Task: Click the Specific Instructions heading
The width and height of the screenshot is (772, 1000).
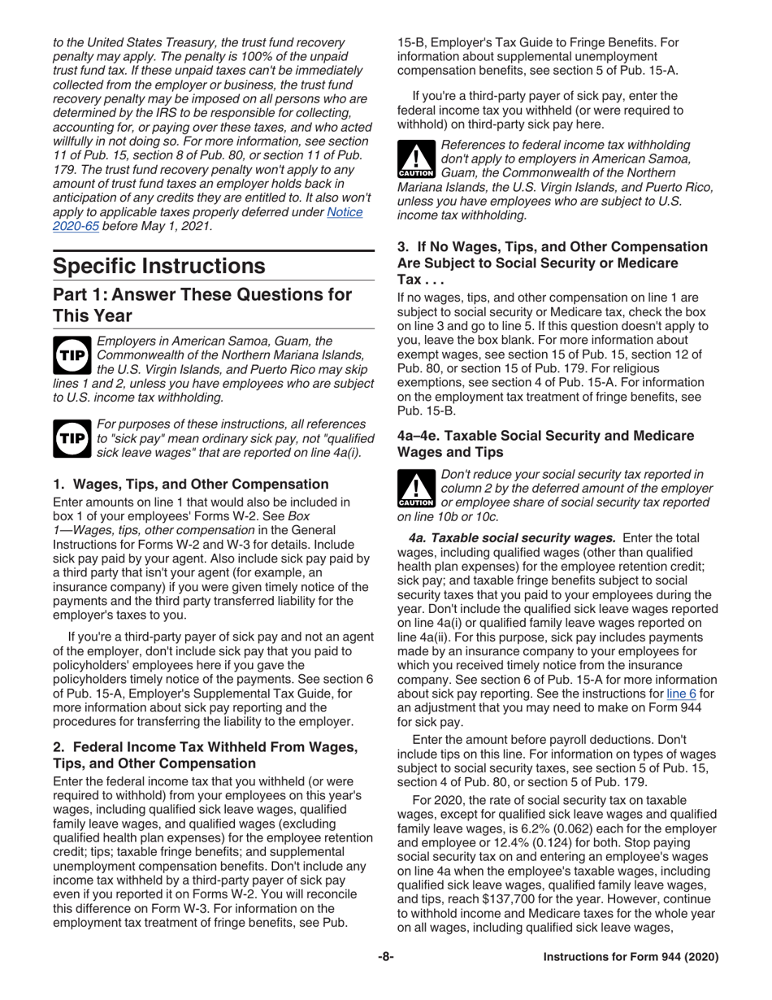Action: pos(158,266)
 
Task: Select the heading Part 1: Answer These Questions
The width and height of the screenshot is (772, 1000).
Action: pos(202,303)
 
